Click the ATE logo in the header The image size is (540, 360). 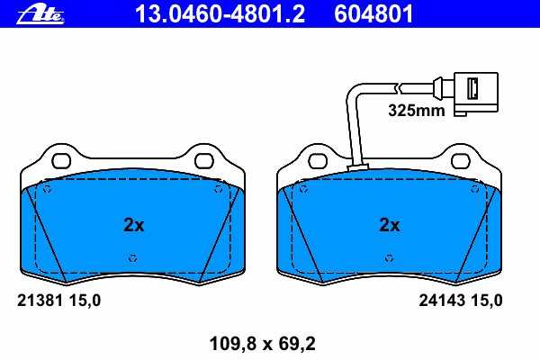40,13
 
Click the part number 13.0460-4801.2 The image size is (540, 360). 220,14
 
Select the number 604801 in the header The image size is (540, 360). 373,14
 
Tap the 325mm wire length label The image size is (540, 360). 417,111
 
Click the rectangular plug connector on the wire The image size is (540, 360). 475,93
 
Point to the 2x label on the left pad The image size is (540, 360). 134,225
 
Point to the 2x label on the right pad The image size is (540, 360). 390,225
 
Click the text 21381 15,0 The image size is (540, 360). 58,301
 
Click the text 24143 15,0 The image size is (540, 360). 461,301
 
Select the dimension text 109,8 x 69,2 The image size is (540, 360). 263,344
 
